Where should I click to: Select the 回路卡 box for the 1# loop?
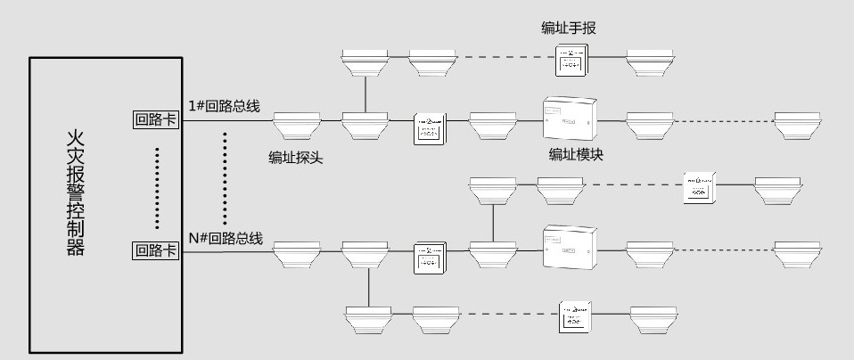click(155, 119)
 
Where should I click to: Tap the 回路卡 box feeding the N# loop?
click(155, 250)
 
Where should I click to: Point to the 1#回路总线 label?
click(224, 105)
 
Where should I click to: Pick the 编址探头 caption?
click(296, 158)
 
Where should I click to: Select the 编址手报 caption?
click(568, 29)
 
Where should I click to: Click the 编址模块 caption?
click(576, 154)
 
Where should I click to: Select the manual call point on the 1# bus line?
click(430, 127)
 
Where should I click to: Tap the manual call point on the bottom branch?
click(575, 317)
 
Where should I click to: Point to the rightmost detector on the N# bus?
click(796, 253)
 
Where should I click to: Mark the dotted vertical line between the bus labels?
click(225, 178)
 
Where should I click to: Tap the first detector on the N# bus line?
click(296, 253)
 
